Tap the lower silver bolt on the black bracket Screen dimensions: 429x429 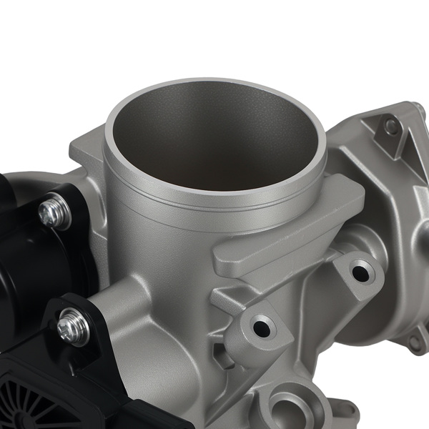(x=74, y=327)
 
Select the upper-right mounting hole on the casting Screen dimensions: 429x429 (x=361, y=271)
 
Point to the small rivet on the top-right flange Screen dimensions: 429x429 (x=392, y=126)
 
